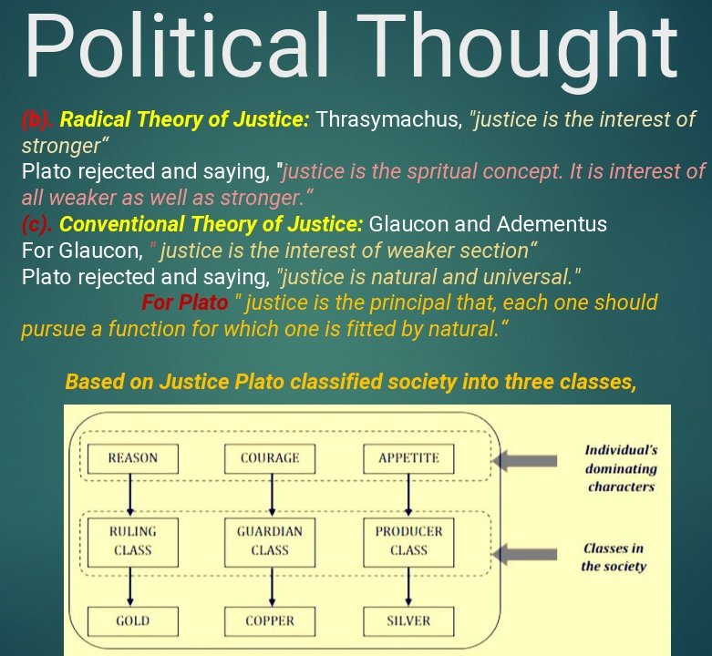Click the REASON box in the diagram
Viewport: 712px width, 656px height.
pyautogui.click(x=133, y=458)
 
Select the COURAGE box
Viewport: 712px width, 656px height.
pyautogui.click(x=270, y=458)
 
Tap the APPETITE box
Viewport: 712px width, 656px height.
pyautogui.click(x=408, y=458)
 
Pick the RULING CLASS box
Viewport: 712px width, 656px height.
pyautogui.click(x=133, y=540)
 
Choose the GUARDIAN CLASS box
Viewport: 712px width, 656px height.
pyautogui.click(x=270, y=540)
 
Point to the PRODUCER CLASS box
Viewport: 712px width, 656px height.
pyautogui.click(x=408, y=540)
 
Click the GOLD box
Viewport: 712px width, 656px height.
pyautogui.click(x=133, y=621)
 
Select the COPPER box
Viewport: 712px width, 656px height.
pyautogui.click(x=270, y=621)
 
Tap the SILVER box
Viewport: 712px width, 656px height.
pyautogui.click(x=408, y=621)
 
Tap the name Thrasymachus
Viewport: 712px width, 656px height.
pyautogui.click(x=389, y=120)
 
